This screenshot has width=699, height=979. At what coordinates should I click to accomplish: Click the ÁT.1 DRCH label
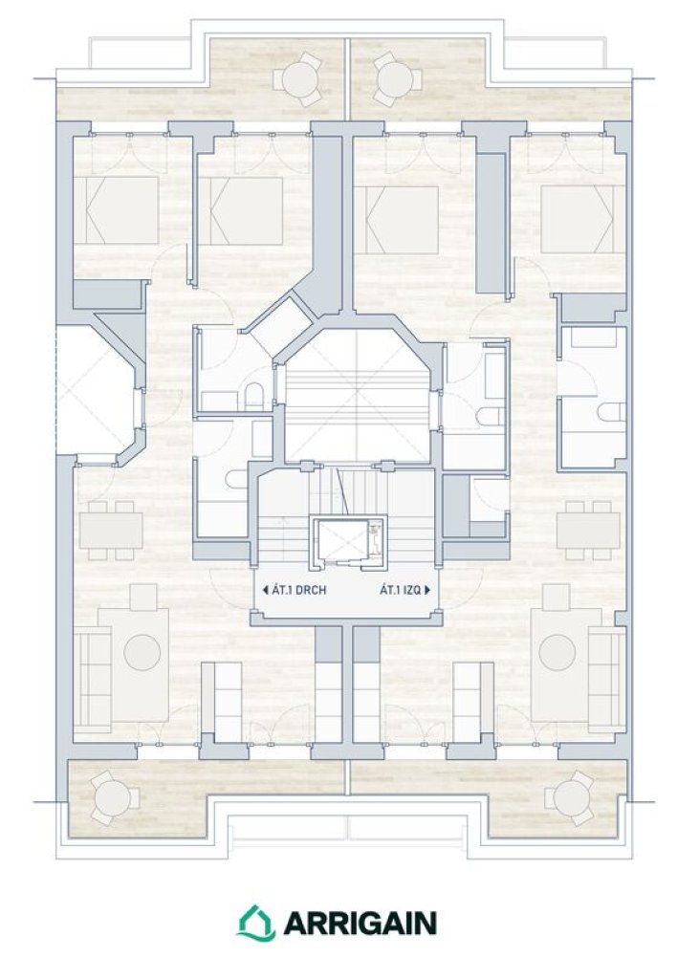coord(299,590)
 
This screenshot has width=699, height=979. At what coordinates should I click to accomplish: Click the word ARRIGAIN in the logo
coord(360,923)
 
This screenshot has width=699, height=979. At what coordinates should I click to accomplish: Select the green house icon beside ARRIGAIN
coord(256,923)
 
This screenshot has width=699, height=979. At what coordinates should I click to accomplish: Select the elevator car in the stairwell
coord(347,541)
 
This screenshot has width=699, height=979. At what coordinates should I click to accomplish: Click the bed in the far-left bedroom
coord(117,209)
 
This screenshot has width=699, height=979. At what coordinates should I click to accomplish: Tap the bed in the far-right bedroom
coord(583,219)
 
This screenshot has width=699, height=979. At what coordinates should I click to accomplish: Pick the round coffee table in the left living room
coord(142,652)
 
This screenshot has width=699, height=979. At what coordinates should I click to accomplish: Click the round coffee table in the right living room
coord(557,652)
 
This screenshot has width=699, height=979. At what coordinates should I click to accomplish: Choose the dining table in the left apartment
coord(111,531)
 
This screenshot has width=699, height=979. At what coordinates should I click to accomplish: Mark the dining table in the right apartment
coord(588,531)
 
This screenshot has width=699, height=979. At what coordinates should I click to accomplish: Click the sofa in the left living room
coord(93,680)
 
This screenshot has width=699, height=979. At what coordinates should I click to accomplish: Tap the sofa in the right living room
coord(607,680)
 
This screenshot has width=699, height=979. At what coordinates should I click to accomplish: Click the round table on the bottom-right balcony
coord(570,798)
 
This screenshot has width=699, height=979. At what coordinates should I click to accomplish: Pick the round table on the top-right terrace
coord(396,78)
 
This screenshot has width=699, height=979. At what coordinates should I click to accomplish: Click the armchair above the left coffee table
coord(143,598)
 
